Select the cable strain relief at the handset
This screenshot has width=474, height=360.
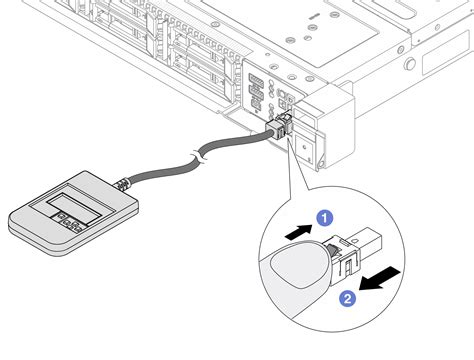(x=123, y=185)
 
